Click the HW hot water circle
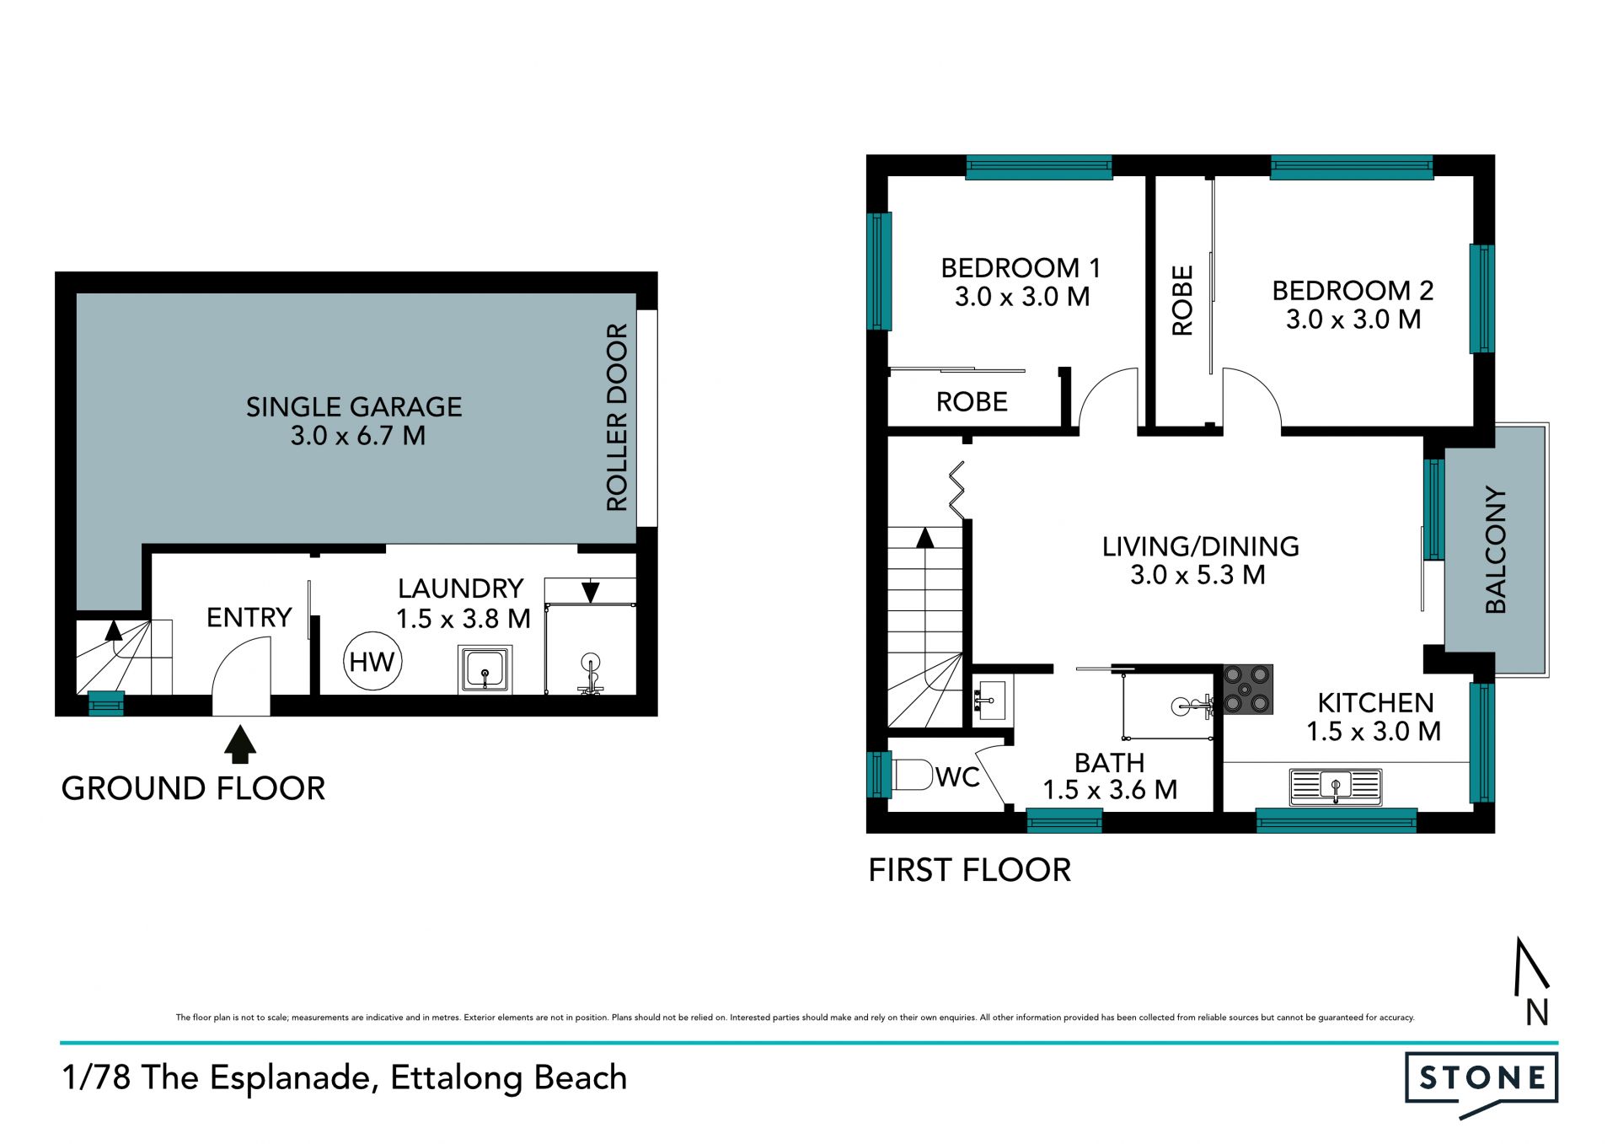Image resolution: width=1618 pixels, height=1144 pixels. coord(372,662)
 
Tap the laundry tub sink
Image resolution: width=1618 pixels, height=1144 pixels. coord(485,669)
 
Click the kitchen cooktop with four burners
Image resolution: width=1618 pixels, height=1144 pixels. coord(1248,689)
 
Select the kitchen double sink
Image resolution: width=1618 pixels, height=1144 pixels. coord(1336,787)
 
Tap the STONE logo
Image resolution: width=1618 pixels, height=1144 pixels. coord(1481,1085)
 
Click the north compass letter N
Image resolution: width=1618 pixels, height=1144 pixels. coord(1537,1012)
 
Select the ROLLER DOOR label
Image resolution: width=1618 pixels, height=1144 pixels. coord(617,417)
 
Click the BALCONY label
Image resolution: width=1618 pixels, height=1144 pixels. coord(1495,550)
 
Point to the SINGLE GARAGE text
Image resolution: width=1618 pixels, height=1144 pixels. coord(354,407)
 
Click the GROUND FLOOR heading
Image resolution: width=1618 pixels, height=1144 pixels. coord(193,788)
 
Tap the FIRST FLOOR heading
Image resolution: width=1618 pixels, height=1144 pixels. coord(969,870)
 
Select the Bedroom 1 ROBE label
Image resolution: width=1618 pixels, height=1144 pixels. coord(972,402)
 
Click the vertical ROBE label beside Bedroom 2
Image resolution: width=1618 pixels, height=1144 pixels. coord(1182,301)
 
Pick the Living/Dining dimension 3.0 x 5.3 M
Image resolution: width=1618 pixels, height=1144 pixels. coord(1197,575)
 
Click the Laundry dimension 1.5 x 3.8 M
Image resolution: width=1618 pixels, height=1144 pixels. coord(463,619)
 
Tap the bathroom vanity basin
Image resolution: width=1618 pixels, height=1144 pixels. coord(990,700)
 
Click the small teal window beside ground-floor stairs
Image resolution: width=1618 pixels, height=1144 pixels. coord(106,703)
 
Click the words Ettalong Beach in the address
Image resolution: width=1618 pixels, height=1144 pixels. coord(509,1078)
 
